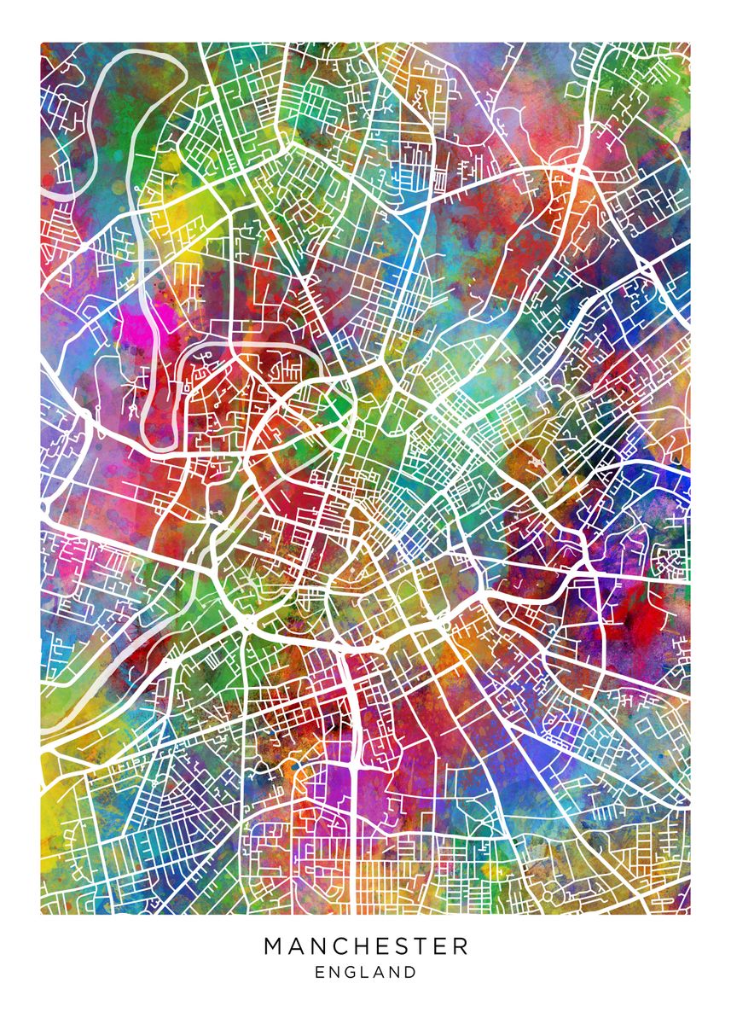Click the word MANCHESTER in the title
[366, 945]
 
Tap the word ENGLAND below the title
[366, 972]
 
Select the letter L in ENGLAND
[365, 972]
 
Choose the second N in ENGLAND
[395, 972]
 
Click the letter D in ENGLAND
[411, 972]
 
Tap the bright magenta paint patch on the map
[136, 333]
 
